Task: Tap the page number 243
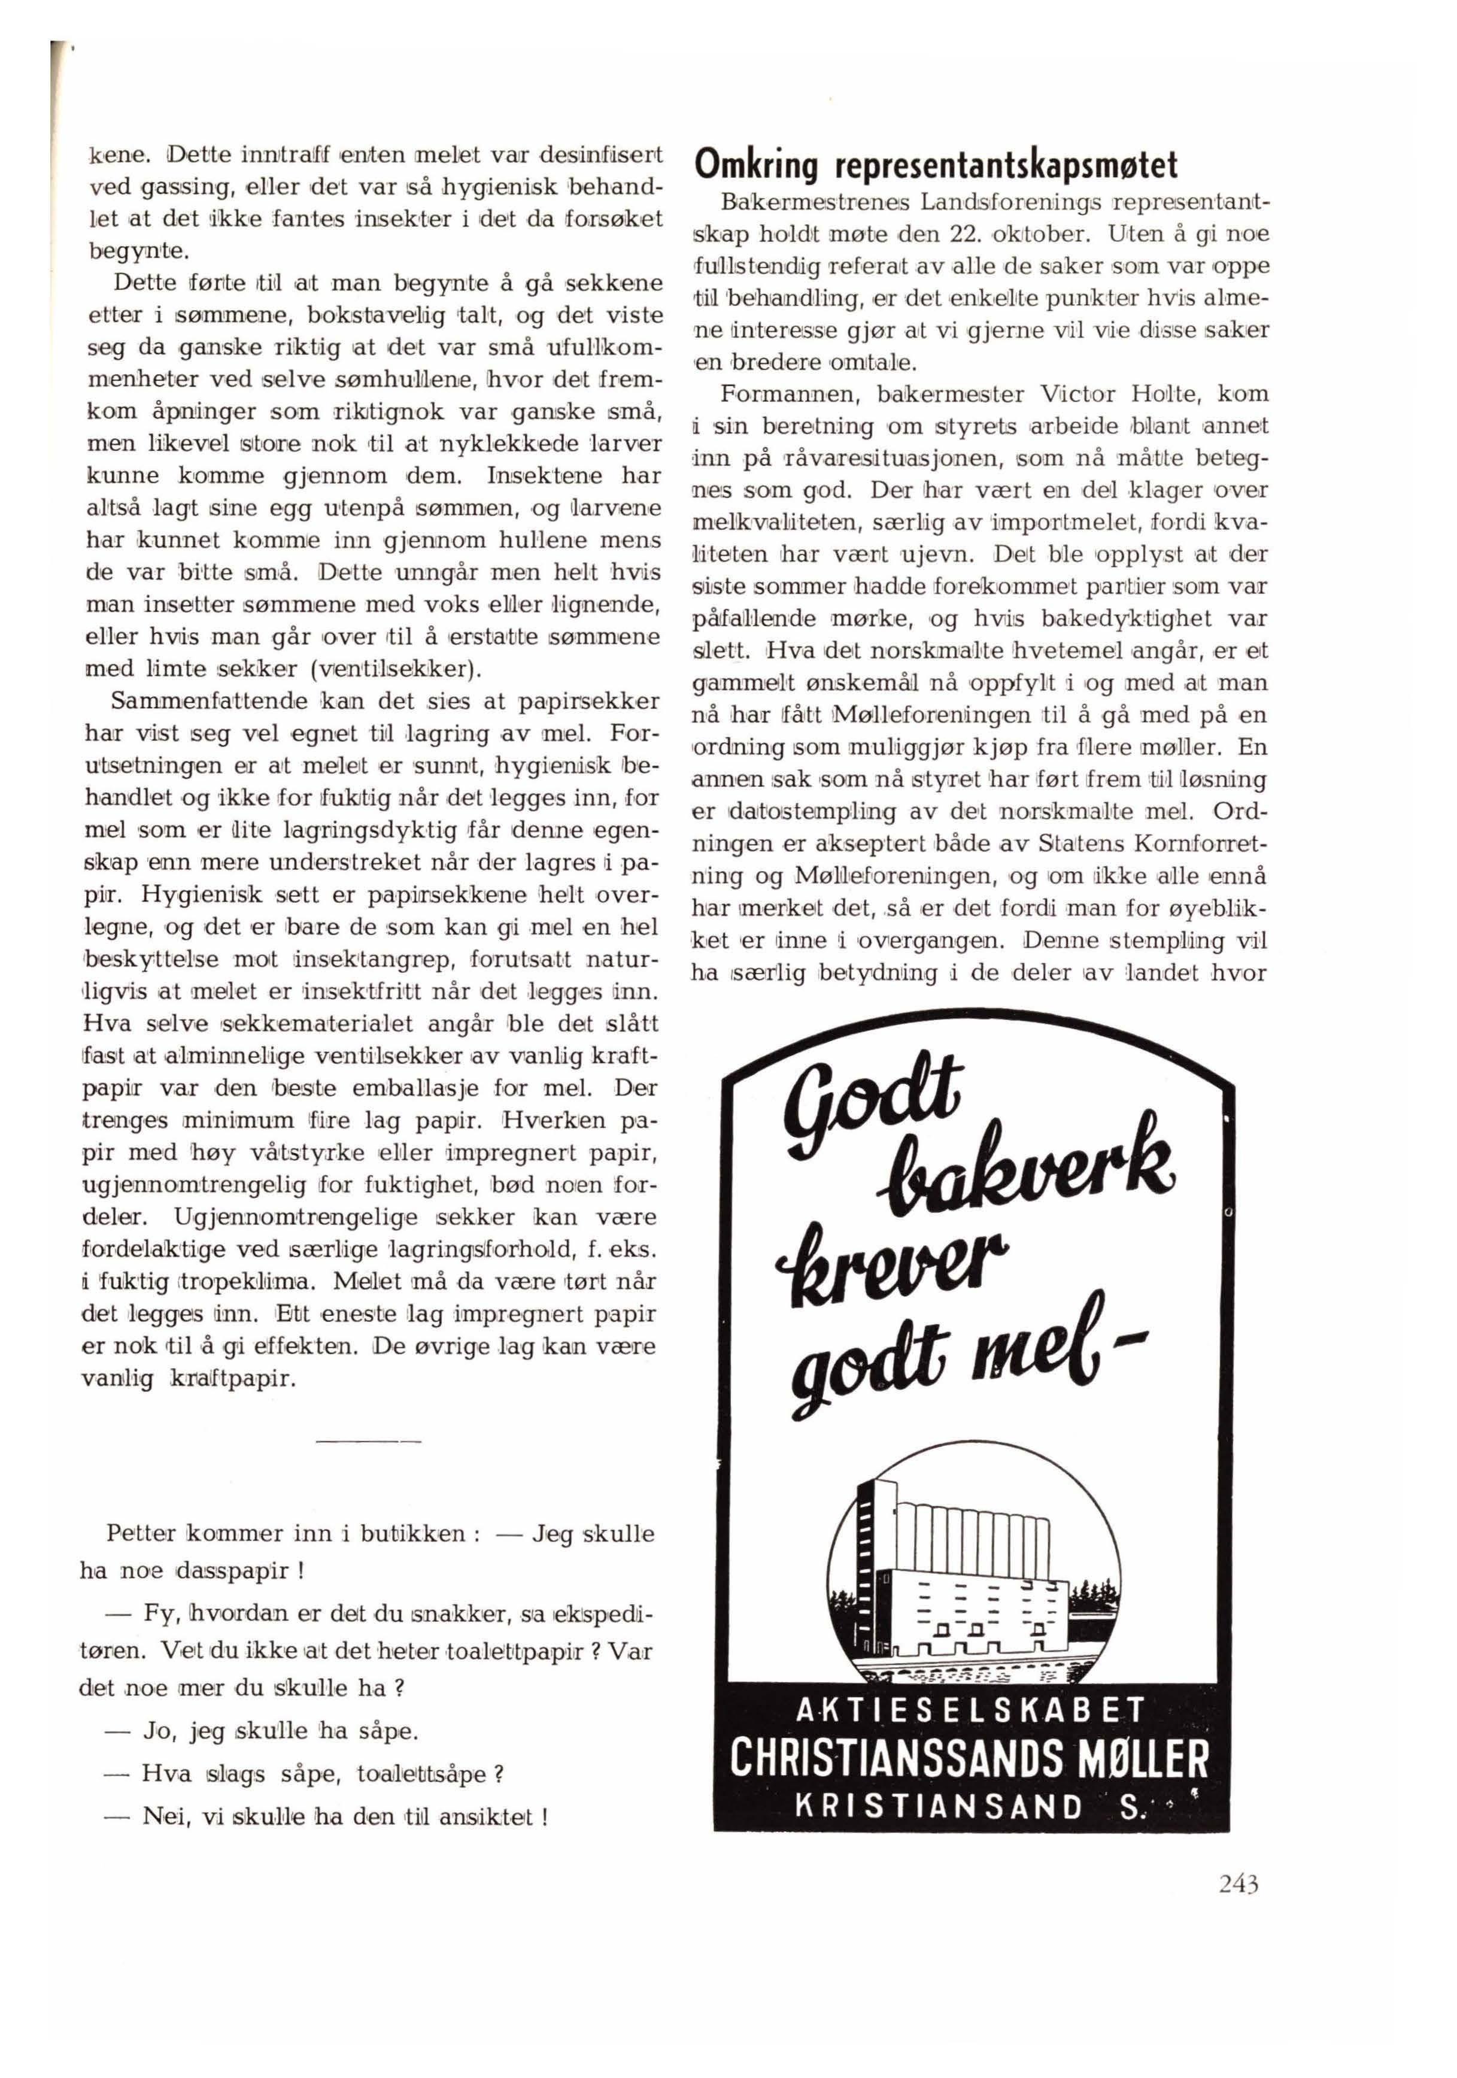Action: (1238, 1884)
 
